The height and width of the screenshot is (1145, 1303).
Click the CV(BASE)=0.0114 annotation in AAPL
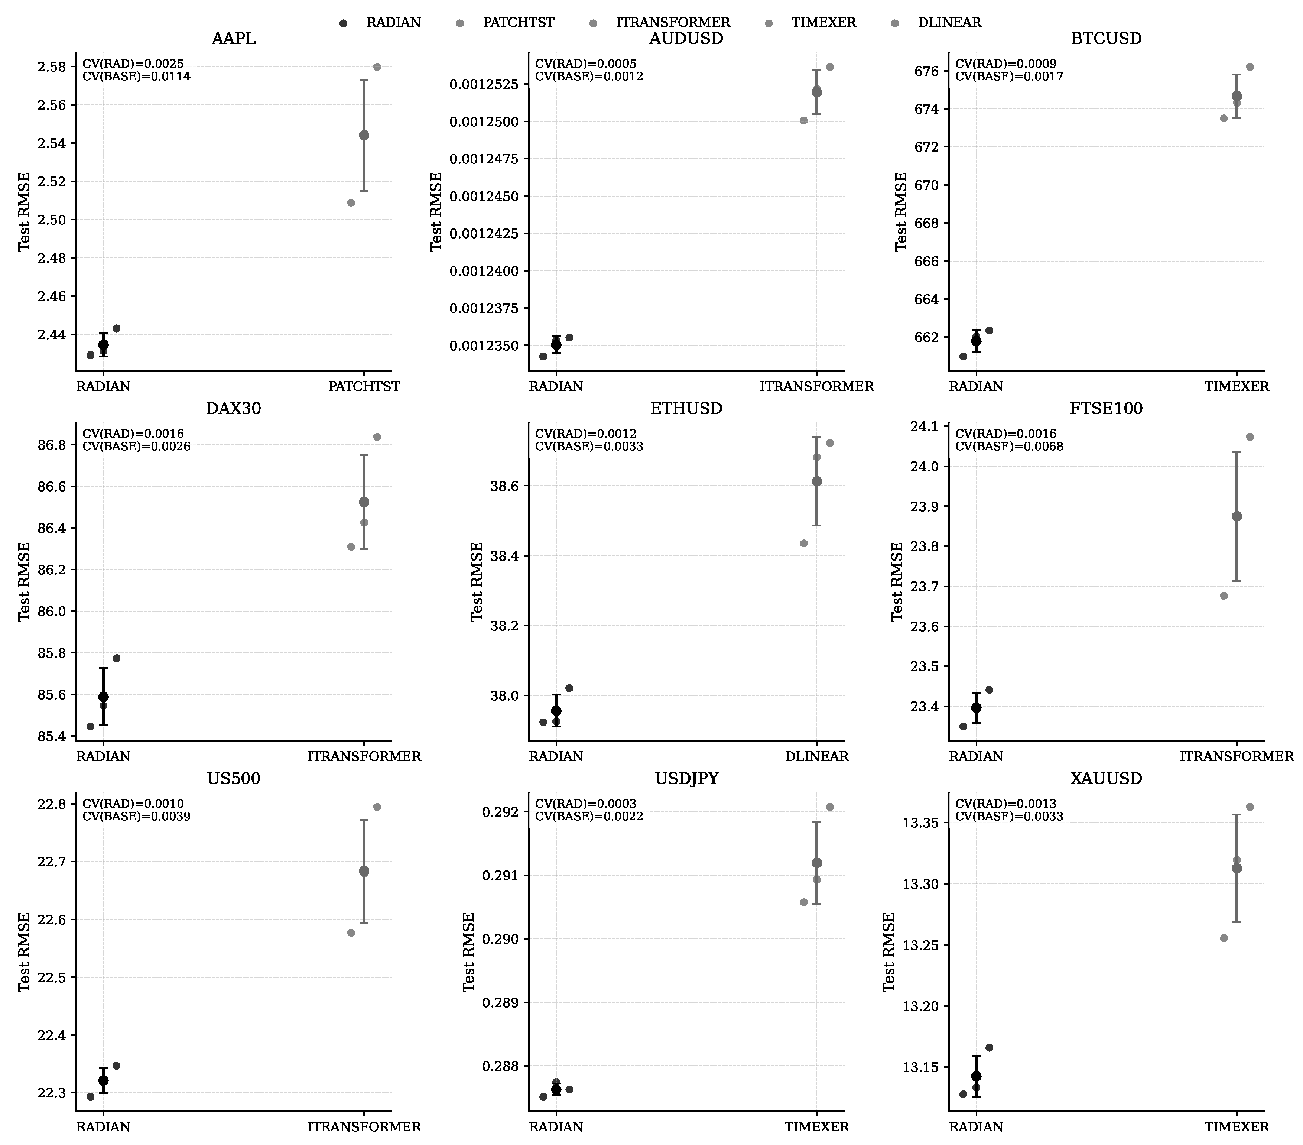(x=136, y=77)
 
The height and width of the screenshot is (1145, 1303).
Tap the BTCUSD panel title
(x=1106, y=39)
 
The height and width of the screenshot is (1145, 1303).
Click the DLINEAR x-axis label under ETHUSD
(x=817, y=756)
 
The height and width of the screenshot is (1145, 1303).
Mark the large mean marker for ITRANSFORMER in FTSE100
(x=1237, y=516)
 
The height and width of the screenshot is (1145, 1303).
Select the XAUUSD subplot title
(x=1106, y=778)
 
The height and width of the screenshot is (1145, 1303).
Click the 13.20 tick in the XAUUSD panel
(x=922, y=1006)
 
